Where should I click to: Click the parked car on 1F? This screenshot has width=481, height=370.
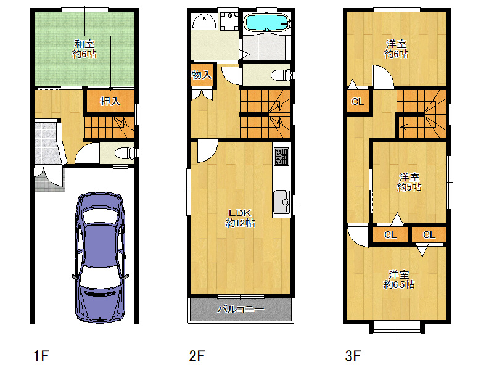[x=100, y=258]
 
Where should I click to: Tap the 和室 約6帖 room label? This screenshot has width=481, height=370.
[x=84, y=49]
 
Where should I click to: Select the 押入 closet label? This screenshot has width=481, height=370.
[x=110, y=101]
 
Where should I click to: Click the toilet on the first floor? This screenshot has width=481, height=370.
[x=125, y=153]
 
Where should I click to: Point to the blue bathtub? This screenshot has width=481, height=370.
[x=266, y=22]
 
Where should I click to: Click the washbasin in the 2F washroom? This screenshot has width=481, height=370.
[x=204, y=22]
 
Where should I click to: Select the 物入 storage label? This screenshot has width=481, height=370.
[x=202, y=75]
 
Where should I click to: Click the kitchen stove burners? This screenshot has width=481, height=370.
[x=282, y=157]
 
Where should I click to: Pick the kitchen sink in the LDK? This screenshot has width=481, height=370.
[x=282, y=202]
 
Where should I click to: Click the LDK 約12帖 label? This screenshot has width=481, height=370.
[x=240, y=218]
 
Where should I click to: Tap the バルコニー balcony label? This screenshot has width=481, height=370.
[x=240, y=309]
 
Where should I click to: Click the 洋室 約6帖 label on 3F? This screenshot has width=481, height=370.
[x=396, y=49]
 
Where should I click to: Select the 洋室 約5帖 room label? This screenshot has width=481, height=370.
[x=409, y=182]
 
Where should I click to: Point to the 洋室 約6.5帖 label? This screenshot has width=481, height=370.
[x=399, y=279]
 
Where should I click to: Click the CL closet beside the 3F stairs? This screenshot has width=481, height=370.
[x=358, y=101]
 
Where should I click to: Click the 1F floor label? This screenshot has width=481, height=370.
[x=41, y=356]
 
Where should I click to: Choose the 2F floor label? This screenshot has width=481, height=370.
[x=197, y=356]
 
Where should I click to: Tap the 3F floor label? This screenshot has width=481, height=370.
[x=353, y=356]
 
